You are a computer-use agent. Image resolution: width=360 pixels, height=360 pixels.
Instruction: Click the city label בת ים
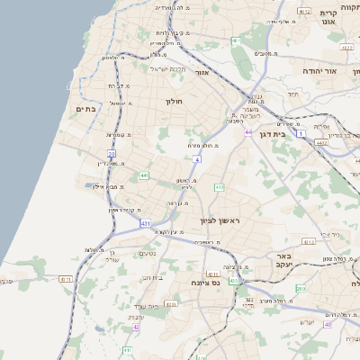85,109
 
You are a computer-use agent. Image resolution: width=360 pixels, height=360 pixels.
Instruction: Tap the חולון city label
174,102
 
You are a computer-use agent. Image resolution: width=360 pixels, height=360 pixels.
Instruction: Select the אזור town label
202,71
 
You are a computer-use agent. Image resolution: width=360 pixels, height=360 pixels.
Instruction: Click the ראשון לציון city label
220,220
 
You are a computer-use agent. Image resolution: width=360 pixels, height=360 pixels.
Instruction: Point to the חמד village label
292,94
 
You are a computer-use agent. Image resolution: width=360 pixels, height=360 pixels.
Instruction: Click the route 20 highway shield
112,154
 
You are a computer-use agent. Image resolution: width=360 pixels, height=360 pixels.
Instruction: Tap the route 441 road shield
144,175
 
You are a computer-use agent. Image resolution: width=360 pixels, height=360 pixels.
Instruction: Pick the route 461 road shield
235,41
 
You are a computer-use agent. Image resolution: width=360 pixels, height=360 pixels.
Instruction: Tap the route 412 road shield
219,186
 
